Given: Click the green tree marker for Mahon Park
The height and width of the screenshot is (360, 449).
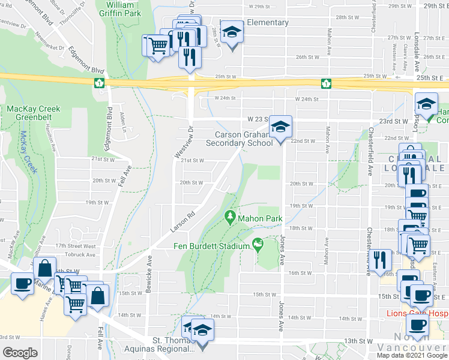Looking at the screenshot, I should tap(229, 216).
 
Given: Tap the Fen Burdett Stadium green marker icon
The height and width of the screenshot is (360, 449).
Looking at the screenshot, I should tap(258, 244).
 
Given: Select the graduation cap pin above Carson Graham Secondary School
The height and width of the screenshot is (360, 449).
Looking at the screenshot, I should tap(280, 127).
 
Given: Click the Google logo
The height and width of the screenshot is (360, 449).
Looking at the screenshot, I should tap(20, 352).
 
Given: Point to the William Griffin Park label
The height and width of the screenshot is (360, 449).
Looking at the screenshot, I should tap(115, 8).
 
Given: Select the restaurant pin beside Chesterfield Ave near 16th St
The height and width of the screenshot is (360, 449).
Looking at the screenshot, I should tap(381, 260).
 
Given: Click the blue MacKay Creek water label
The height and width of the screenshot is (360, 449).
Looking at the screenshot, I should tap(28, 153).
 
